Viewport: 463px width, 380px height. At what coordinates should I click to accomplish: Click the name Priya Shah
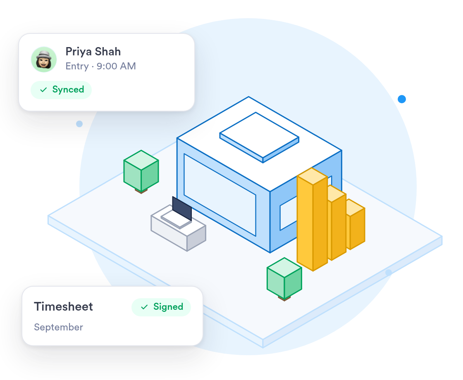coord(93,52)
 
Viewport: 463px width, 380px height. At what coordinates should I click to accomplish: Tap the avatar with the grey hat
coord(44,59)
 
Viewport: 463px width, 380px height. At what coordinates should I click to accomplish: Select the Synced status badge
coord(61,90)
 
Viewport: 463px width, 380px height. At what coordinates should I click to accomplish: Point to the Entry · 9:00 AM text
coord(100,66)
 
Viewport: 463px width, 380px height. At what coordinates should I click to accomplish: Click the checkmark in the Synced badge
coord(43,90)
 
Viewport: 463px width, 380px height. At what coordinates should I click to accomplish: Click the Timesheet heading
coord(64,306)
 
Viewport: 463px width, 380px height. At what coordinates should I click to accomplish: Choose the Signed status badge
coord(161,307)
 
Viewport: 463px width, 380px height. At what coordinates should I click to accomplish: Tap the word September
coord(58,328)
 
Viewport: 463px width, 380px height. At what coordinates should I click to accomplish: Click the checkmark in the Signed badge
coord(144,307)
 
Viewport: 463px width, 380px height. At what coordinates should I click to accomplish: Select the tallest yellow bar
coord(312,219)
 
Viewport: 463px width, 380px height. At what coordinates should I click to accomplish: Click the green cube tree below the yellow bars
coord(284,279)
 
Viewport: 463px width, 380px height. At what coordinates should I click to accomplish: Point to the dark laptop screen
coord(182,209)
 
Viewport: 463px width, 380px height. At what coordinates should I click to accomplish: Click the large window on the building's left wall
coord(220,195)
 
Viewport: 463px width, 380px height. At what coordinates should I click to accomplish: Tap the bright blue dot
coord(401,99)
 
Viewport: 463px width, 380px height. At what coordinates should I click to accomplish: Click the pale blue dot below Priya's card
coord(79,124)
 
